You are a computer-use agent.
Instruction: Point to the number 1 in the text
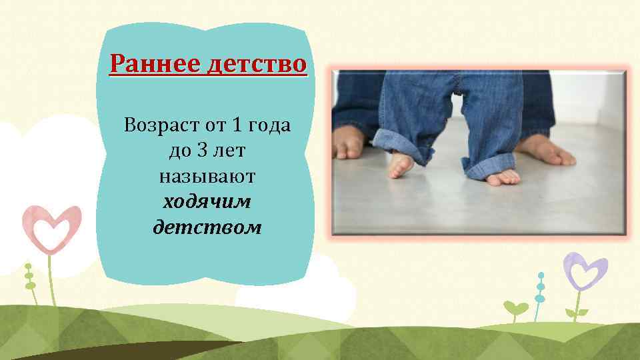[237, 125]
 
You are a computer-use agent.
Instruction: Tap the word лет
[230, 151]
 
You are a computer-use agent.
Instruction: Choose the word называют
[207, 177]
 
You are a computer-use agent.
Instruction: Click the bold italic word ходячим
[207, 202]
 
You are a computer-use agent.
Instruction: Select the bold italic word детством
[207, 228]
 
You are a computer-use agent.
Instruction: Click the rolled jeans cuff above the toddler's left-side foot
[399, 141]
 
